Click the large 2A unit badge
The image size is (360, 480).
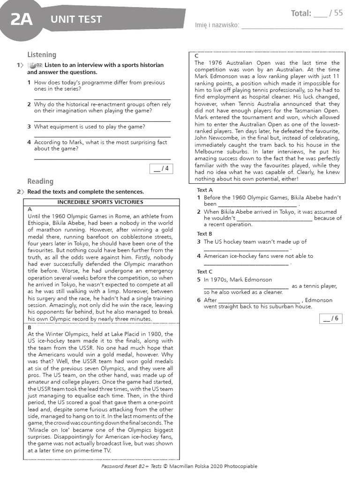pos(21,19)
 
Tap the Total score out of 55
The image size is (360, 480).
pos(316,13)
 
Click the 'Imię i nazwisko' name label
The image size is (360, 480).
pos(217,25)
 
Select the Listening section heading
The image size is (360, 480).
pos(41,55)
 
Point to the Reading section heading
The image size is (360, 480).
pos(40,181)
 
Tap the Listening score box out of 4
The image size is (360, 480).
pos(161,169)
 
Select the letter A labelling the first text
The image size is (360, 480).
pos(30,209)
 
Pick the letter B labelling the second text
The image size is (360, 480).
pos(30,328)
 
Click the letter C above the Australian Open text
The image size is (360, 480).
pos(196,56)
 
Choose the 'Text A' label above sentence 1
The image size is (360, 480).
pos(205,190)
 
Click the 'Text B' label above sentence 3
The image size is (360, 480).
pos(205,234)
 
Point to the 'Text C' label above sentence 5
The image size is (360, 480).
pos(205,272)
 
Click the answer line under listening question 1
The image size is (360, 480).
pos(102,98)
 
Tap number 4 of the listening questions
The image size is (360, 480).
pos(29,142)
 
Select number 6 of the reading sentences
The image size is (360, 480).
pos(199,300)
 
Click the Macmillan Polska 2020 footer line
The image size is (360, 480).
pos(179,466)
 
